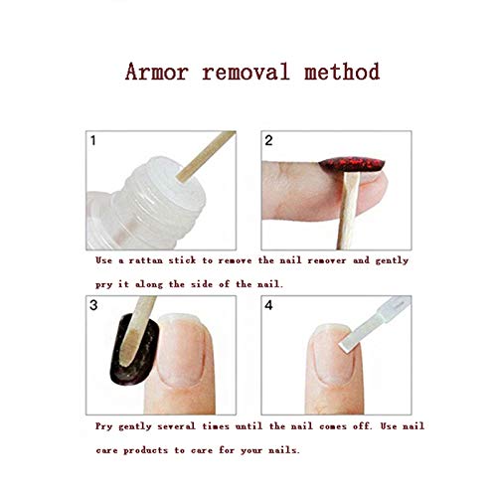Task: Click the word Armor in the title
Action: coord(157,72)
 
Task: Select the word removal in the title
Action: coord(247,72)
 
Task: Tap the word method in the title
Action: coord(342,72)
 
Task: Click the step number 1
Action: coord(93,140)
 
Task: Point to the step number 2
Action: coord(268,140)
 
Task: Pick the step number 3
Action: coord(93,305)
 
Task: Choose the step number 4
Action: coord(268,305)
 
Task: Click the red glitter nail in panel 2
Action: coord(352,164)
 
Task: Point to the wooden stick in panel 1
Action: coord(206,156)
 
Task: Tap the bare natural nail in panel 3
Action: coord(181,350)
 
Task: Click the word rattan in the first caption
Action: coord(145,260)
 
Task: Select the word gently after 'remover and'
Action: coord(392,261)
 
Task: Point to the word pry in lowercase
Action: coord(103,285)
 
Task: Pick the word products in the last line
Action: coord(145,451)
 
